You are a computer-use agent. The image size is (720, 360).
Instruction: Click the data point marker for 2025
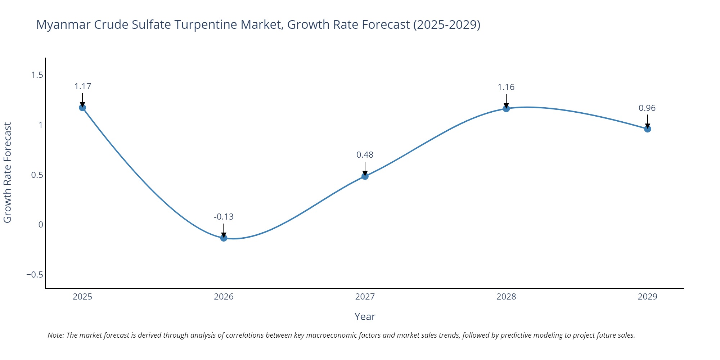[82, 108]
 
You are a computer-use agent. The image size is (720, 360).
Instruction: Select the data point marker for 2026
[224, 238]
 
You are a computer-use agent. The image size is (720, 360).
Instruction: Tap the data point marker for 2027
[365, 176]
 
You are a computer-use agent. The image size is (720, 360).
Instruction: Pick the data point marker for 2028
[506, 108]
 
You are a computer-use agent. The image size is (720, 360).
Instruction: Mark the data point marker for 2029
[647, 129]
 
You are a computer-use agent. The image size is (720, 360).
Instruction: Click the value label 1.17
[82, 86]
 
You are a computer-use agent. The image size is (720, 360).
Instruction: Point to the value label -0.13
[224, 217]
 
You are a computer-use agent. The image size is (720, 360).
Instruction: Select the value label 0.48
[365, 155]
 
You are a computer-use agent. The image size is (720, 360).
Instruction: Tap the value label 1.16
[506, 87]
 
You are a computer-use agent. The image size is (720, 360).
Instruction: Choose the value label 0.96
[647, 108]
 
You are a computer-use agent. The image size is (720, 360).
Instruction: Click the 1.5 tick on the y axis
[37, 75]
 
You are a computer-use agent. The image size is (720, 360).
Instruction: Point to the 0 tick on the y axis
[40, 225]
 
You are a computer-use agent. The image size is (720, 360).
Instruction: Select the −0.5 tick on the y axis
[35, 275]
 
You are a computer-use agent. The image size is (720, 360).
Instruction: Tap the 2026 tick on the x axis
[224, 297]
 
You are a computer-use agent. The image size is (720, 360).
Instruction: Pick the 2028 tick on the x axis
[506, 297]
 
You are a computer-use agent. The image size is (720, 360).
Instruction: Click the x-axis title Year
[365, 316]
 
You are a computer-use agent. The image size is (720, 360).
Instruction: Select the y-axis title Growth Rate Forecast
[8, 173]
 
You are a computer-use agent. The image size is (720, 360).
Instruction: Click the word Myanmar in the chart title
[63, 24]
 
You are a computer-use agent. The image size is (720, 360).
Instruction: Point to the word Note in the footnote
[55, 335]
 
